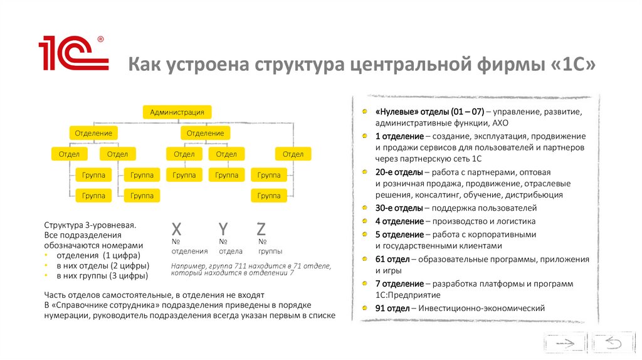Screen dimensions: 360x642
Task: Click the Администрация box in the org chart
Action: point(177,112)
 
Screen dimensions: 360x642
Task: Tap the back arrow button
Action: point(612,342)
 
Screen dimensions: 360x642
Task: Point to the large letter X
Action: point(177,229)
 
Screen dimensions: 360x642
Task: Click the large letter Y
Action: point(223,229)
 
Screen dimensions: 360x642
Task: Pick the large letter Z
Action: point(261,229)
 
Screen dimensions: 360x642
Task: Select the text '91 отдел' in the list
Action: point(392,308)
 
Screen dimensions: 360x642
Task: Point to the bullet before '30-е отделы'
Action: point(365,208)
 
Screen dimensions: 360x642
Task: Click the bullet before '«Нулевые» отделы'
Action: point(365,112)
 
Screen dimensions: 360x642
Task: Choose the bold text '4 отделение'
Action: point(399,221)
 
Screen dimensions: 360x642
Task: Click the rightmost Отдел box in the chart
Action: point(293,154)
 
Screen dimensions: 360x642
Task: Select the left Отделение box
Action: point(93,133)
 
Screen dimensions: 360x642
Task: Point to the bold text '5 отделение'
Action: point(399,235)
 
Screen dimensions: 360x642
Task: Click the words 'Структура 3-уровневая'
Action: point(90,224)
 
